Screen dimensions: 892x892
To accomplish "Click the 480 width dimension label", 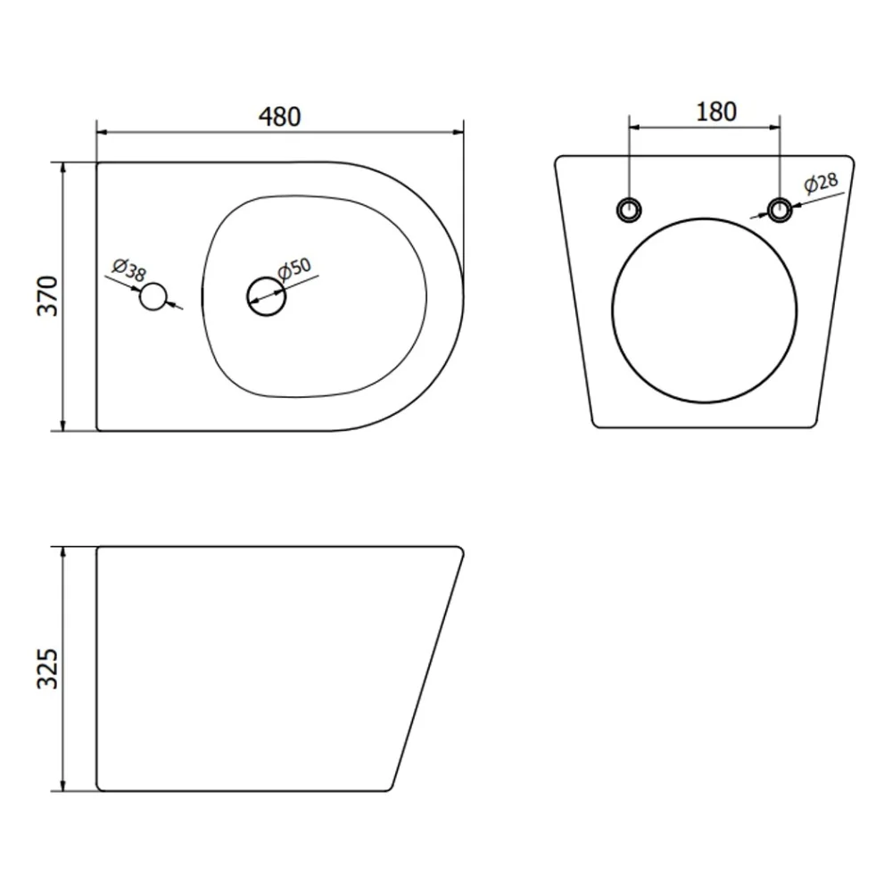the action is [279, 117].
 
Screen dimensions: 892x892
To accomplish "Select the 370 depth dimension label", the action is [48, 296].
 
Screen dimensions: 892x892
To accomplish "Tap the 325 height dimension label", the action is [48, 668].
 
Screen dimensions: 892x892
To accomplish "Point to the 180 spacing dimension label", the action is [716, 111].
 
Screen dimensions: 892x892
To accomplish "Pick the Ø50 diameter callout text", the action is [294, 268].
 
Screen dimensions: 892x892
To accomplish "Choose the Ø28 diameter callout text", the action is [821, 183].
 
